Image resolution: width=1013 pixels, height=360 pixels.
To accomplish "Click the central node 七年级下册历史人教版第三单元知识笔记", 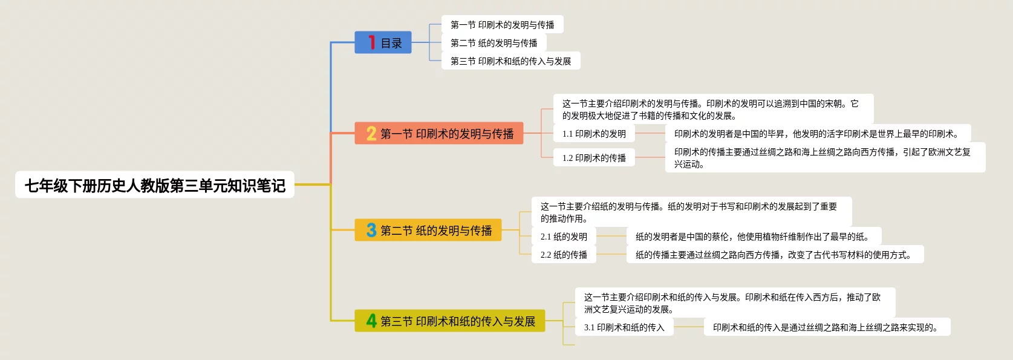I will pyautogui.click(x=155, y=185).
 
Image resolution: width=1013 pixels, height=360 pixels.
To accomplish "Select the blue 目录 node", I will pyautogui.click(x=383, y=42).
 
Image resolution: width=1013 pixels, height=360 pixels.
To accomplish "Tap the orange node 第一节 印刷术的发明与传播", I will pyautogui.click(x=439, y=133).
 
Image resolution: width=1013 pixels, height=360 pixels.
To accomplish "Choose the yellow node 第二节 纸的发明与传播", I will pyautogui.click(x=428, y=230).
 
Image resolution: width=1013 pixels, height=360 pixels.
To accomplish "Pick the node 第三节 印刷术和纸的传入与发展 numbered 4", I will pyautogui.click(x=450, y=321).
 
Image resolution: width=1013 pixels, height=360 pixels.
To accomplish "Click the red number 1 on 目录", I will pyautogui.click(x=371, y=42).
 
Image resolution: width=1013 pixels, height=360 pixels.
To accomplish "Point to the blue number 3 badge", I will pyautogui.click(x=371, y=230).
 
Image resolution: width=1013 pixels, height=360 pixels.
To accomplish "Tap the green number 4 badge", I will pyautogui.click(x=371, y=321).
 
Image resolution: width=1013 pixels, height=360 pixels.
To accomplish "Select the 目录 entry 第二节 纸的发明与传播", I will pyautogui.click(x=493, y=43).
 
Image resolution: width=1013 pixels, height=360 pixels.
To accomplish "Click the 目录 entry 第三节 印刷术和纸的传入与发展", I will pyautogui.click(x=510, y=61).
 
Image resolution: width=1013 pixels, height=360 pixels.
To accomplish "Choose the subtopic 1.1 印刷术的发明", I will pyautogui.click(x=594, y=134).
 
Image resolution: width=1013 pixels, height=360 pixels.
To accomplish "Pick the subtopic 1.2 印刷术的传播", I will pyautogui.click(x=594, y=158).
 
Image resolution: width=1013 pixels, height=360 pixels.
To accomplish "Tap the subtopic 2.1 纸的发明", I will pyautogui.click(x=564, y=237).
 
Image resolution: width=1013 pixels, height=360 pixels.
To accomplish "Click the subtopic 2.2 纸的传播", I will pyautogui.click(x=564, y=255).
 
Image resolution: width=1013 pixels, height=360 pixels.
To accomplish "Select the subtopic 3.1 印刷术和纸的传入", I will pyautogui.click(x=624, y=327).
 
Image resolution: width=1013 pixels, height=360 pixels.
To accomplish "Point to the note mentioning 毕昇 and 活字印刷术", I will pyautogui.click(x=818, y=134).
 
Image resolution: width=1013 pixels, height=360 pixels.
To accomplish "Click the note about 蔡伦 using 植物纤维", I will pyautogui.click(x=753, y=237).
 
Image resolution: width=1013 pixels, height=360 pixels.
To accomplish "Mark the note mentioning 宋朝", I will pyautogui.click(x=712, y=110).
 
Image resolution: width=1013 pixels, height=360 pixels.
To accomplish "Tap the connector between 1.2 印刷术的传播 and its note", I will pyautogui.click(x=650, y=157).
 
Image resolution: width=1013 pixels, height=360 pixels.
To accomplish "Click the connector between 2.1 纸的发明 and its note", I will pyautogui.click(x=611, y=236).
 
